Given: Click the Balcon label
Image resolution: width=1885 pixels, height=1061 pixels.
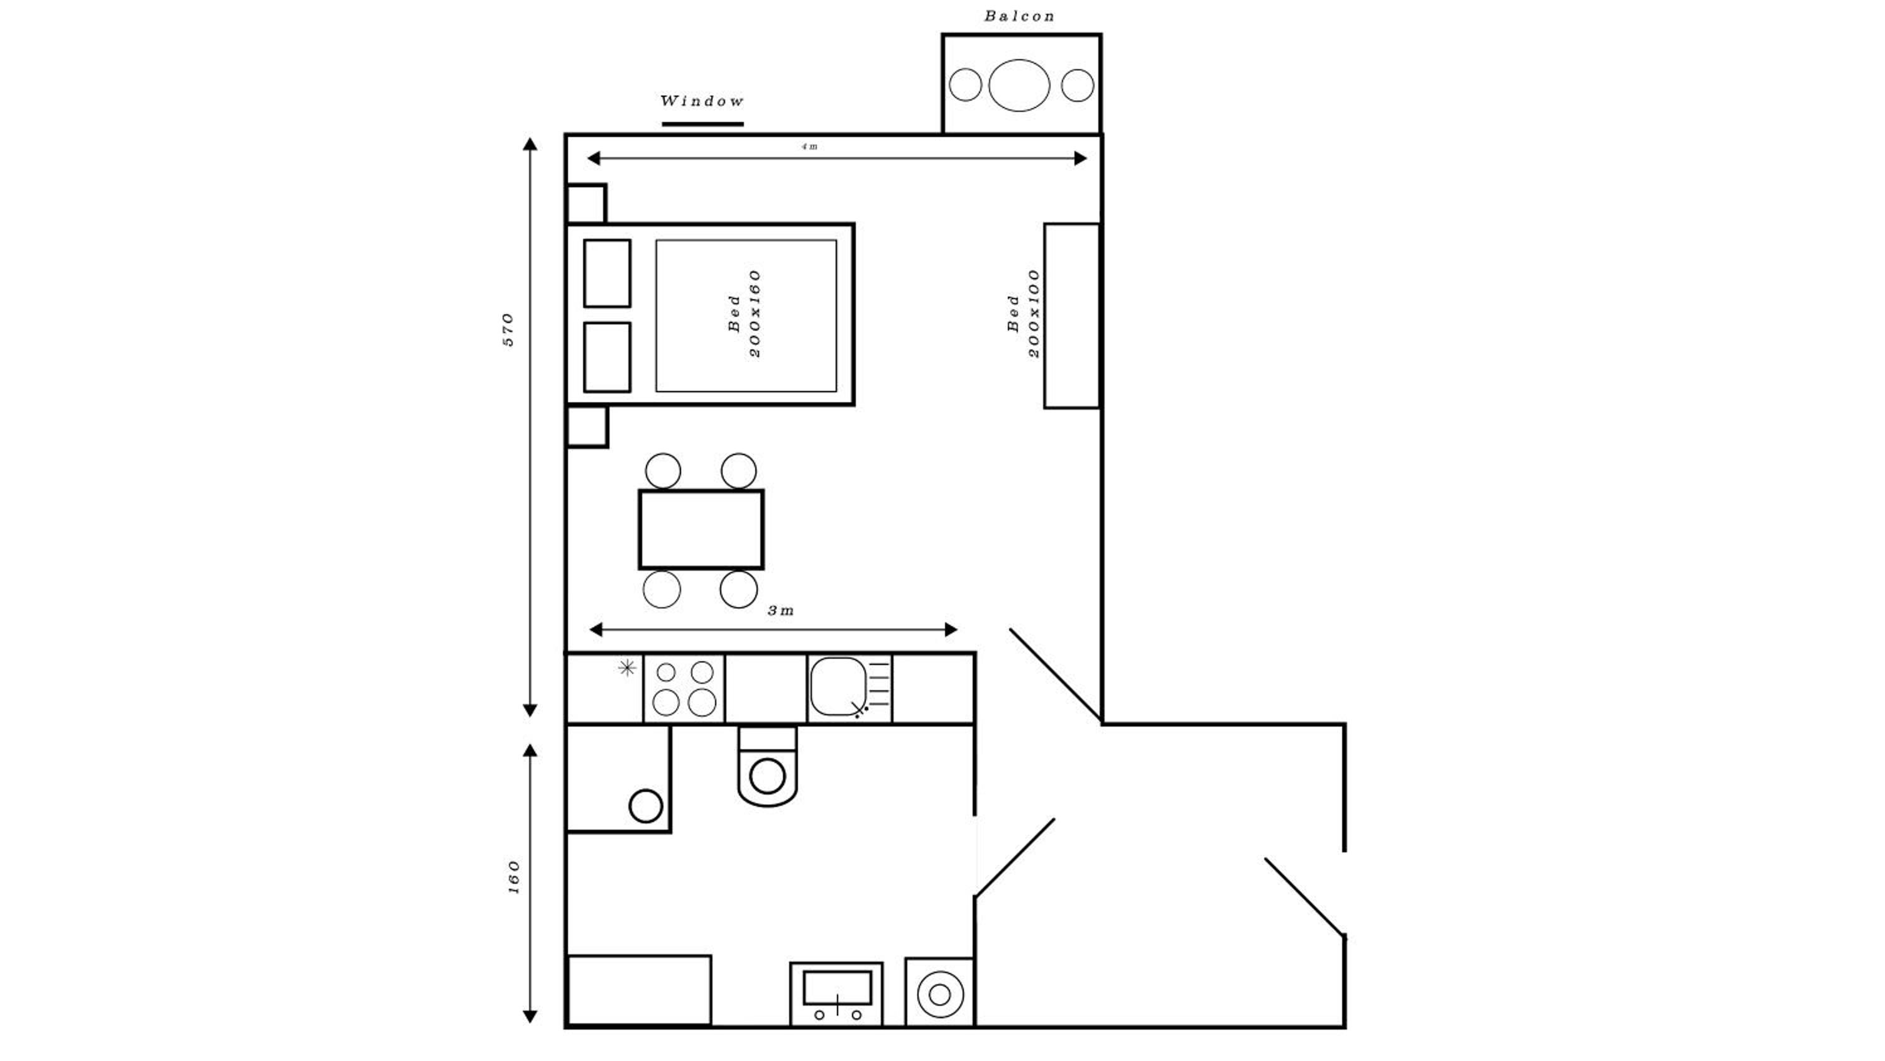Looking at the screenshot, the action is point(1019,16).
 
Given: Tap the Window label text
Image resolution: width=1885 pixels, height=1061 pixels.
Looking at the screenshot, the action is point(702,101).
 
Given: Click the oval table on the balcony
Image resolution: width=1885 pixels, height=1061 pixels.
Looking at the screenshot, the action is point(1019,85).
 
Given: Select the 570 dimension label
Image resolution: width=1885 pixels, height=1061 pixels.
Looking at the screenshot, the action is point(508,329).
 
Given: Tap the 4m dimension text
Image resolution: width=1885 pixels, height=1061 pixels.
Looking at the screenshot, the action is point(809,146).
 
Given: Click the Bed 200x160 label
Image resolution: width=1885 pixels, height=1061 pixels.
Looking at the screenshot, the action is point(746,314).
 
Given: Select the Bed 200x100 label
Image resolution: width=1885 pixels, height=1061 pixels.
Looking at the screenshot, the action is point(1024,314).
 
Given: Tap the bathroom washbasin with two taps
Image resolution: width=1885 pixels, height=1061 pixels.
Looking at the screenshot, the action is point(836,994).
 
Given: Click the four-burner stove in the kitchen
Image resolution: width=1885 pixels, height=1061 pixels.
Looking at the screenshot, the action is point(684,688).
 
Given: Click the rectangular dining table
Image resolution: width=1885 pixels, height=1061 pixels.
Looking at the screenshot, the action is point(701,529).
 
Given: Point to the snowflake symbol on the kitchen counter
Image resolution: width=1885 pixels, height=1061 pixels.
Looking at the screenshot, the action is point(627,668).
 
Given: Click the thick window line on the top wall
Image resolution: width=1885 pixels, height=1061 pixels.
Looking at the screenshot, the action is point(702,124).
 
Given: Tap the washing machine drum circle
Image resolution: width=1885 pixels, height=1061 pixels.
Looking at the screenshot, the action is point(939,994).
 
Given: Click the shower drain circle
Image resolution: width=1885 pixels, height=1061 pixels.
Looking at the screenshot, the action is point(646,806).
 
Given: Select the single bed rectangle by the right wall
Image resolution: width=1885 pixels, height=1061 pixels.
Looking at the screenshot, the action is point(1072,316).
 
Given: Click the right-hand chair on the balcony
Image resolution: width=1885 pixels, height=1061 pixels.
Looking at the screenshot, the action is point(1077,85).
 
